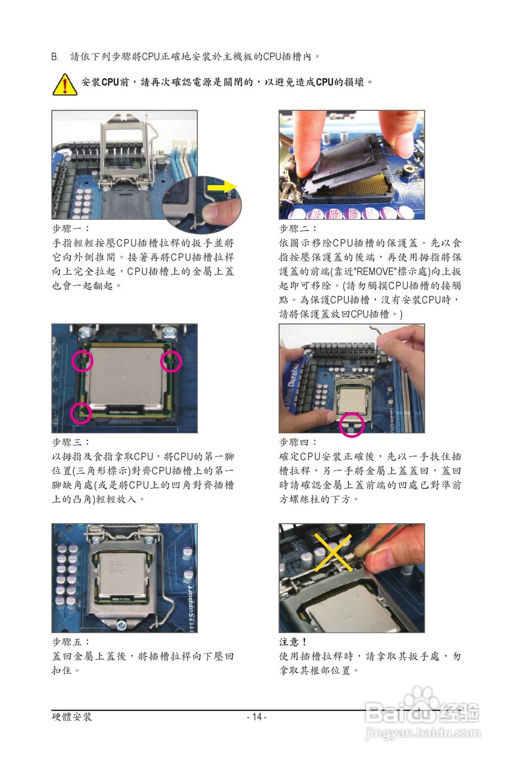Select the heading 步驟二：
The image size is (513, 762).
click(298, 229)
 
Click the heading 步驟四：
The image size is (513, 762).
click(298, 442)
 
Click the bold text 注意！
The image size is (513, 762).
click(293, 642)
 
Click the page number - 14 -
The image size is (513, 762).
click(257, 717)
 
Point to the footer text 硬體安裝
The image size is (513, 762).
click(72, 717)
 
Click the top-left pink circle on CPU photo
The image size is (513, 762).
click(82, 361)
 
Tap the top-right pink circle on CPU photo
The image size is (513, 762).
click(171, 361)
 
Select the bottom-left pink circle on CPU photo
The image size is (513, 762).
click(81, 413)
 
